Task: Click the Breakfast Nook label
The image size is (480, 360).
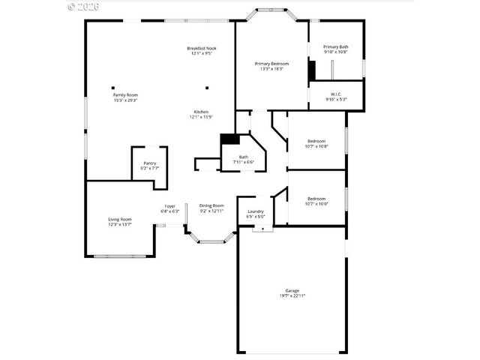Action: click(x=201, y=49)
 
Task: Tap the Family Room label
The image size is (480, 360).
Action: click(x=125, y=95)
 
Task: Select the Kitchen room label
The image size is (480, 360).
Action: click(x=201, y=112)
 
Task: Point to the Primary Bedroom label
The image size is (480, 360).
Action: click(x=271, y=64)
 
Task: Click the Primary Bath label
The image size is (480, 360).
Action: click(x=336, y=46)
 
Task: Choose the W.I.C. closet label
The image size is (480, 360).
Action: click(x=336, y=94)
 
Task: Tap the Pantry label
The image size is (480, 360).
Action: click(x=150, y=163)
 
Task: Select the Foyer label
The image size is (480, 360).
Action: click(x=170, y=206)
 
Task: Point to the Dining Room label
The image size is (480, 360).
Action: click(x=211, y=205)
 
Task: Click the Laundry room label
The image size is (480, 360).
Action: click(x=256, y=211)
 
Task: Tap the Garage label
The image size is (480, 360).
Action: click(x=292, y=290)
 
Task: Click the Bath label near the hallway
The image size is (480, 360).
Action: click(x=244, y=157)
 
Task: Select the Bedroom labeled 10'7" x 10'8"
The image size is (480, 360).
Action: click(x=316, y=141)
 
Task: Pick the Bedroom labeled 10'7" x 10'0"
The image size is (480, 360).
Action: click(x=316, y=199)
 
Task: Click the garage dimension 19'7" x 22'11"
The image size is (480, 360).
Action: click(x=292, y=295)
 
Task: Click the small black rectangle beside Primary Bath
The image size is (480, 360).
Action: click(x=310, y=69)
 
